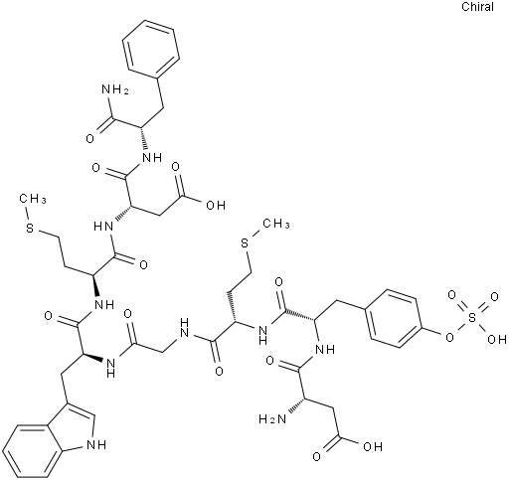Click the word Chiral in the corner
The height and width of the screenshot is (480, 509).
coord(477,7)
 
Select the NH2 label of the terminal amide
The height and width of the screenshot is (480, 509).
coord(115,89)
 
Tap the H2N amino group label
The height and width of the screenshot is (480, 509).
coord(272,419)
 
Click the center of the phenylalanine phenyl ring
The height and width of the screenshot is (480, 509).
coord(151,49)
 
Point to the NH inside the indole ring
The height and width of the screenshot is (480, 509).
coord(95,445)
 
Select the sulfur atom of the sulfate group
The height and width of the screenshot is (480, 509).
coord(473,317)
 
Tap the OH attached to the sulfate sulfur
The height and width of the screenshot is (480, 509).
coord(497,339)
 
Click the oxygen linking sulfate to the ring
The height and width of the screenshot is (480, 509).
coord(449,338)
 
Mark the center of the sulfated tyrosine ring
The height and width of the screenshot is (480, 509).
coord(393,318)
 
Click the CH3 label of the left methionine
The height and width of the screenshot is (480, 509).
coord(33,199)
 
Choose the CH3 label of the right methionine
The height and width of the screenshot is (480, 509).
coord(276,224)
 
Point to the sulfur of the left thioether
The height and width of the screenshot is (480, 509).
coord(30,229)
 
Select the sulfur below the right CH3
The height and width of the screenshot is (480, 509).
coord(245,244)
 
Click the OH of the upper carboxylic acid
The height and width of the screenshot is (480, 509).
coord(216,205)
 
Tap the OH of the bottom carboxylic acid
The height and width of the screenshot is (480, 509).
coord(373,446)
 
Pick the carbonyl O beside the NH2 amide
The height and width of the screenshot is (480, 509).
coord(89,138)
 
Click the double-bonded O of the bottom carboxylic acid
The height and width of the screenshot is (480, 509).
coord(317,457)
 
